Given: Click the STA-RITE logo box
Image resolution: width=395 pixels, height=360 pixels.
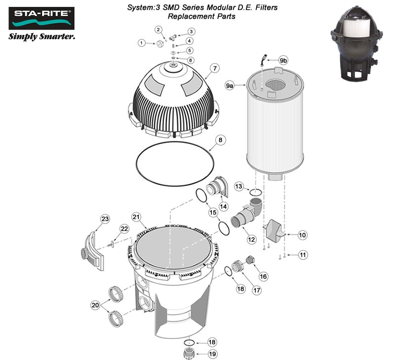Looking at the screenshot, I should coord(41,18).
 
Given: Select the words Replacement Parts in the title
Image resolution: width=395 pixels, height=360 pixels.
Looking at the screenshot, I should coord(201,16).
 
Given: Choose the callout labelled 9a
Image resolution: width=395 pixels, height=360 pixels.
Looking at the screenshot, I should coord(230,86).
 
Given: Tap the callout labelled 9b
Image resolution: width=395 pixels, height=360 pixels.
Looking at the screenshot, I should coord(283,60).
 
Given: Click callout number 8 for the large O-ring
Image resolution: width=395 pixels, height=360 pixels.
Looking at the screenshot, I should coord(221,140).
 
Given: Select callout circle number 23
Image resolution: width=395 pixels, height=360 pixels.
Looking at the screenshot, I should coord(105,218).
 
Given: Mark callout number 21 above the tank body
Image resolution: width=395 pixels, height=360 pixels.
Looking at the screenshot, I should coord(136,217).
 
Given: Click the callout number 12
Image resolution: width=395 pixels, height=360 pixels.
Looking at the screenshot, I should coord(251,239).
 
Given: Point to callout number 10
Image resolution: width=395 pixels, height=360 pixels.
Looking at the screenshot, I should coord(302,235).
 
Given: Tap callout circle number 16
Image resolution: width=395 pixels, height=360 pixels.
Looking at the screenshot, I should coord(263,277).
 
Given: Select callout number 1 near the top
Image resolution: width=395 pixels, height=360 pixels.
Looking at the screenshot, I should coord(141,43).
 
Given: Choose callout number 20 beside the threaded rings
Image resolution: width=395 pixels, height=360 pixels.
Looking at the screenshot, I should coord(95,305).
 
